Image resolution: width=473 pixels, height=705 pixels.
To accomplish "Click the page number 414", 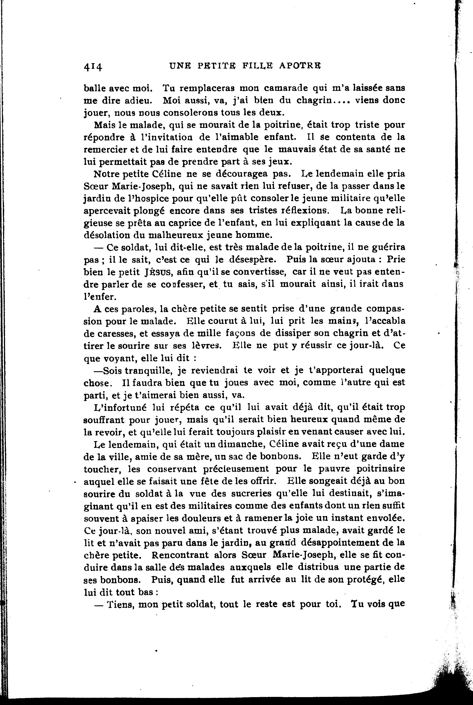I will (x=93, y=66).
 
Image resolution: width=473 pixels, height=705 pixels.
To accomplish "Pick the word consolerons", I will (x=189, y=113).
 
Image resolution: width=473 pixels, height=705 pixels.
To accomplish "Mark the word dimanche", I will (x=239, y=444).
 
